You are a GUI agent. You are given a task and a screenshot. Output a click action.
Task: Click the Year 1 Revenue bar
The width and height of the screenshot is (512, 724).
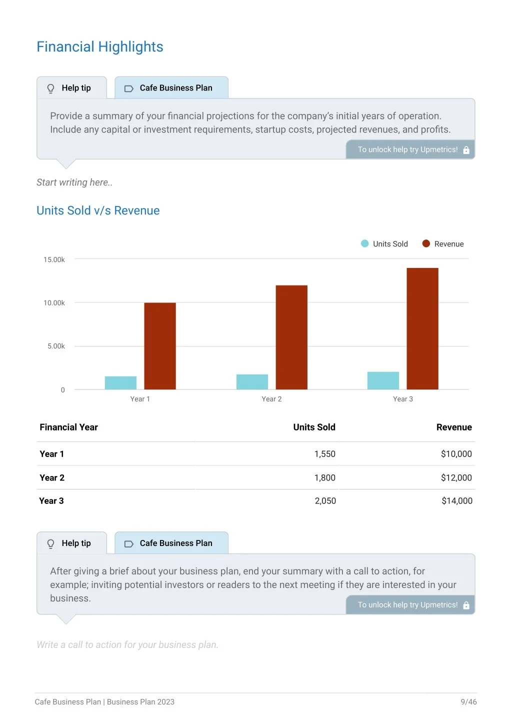(x=159, y=346)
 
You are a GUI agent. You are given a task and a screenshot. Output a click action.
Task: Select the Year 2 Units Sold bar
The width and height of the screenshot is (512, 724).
(x=252, y=381)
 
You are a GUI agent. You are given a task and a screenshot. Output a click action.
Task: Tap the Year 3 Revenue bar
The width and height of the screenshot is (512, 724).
(x=422, y=328)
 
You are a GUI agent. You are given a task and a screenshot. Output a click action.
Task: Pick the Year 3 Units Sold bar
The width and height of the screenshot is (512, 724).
(x=383, y=380)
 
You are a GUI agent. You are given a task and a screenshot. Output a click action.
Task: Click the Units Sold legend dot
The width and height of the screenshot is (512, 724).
(x=364, y=243)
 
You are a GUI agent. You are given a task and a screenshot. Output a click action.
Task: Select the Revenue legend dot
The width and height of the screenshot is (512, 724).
(x=426, y=243)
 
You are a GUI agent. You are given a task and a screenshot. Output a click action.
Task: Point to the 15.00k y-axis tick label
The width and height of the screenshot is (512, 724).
(x=54, y=259)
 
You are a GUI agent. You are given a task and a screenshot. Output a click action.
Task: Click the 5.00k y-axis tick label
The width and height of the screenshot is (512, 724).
(x=56, y=346)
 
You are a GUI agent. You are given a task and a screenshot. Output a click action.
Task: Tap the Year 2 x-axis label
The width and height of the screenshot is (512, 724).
(x=271, y=399)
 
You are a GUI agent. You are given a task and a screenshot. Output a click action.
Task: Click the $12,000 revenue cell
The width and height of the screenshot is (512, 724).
(x=456, y=477)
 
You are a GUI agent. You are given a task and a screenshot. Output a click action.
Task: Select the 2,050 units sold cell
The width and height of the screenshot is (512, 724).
(x=325, y=500)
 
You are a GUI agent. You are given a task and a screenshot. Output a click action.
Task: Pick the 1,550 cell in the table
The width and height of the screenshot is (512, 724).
(x=325, y=454)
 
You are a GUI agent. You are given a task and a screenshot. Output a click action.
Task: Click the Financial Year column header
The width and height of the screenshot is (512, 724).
(x=68, y=427)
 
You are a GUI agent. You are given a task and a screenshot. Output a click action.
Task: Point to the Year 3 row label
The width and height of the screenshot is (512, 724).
(x=51, y=500)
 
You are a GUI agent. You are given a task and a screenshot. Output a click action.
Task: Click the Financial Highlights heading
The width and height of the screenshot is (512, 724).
(x=100, y=46)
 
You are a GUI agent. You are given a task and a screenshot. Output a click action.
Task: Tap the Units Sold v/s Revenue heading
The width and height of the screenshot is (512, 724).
(x=98, y=210)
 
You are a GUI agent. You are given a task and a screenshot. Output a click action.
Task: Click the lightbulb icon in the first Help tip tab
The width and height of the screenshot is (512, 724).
(x=50, y=88)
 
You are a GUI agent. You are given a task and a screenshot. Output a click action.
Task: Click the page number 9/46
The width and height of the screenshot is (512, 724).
(x=468, y=701)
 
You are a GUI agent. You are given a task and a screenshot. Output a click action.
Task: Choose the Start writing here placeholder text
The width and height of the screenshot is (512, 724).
(x=74, y=182)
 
